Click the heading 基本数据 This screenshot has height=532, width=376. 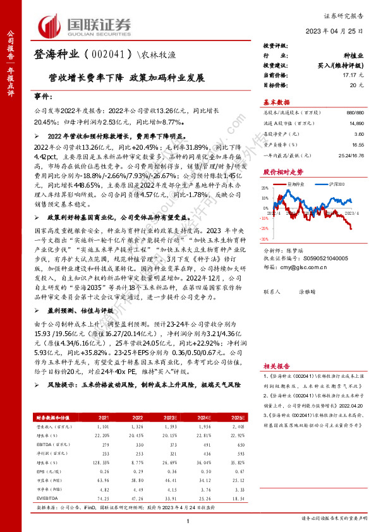(x=276, y=102)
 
